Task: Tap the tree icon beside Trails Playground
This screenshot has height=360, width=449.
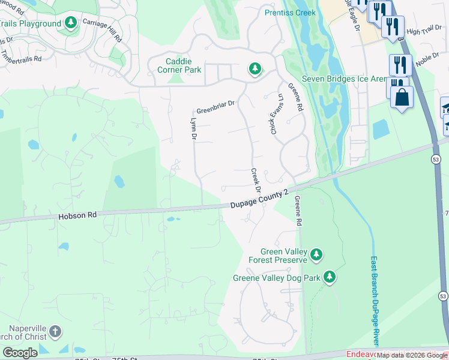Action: click(71, 23)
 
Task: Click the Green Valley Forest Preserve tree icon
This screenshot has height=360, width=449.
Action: click(316, 256)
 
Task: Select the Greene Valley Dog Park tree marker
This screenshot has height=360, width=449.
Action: click(329, 277)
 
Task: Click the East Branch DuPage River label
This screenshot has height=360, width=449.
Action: click(373, 300)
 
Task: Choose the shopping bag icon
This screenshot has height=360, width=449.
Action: click(402, 97)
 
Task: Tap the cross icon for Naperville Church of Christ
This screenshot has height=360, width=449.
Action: click(55, 332)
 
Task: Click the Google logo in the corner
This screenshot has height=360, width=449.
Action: click(20, 353)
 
